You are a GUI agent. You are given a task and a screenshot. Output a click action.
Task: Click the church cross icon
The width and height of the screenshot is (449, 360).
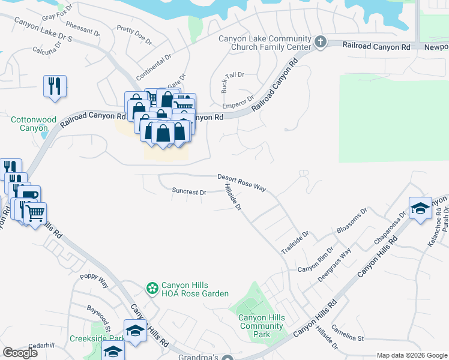point(321,42)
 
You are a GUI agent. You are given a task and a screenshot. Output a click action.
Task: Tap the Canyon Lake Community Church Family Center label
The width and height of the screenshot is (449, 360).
point(265,43)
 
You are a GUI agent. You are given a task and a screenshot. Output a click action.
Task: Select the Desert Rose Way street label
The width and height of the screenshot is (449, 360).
point(241,182)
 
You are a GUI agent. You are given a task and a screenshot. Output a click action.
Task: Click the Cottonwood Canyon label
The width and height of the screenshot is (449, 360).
point(29,124)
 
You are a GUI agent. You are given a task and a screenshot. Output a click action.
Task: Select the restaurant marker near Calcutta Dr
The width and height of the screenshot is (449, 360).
point(54,86)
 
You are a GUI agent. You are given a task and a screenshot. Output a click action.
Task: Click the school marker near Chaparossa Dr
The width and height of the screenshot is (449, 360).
point(420,208)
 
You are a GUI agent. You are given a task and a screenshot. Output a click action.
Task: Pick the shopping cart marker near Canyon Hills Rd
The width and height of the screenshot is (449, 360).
point(35,211)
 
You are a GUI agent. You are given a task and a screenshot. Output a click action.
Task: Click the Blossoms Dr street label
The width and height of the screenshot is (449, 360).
point(352,223)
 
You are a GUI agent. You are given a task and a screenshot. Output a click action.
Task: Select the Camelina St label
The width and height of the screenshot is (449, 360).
point(348,338)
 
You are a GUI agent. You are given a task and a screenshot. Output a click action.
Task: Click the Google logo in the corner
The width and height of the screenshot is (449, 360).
point(20,353)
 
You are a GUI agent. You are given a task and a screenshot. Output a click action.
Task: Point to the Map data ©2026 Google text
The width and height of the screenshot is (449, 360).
point(411,355)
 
